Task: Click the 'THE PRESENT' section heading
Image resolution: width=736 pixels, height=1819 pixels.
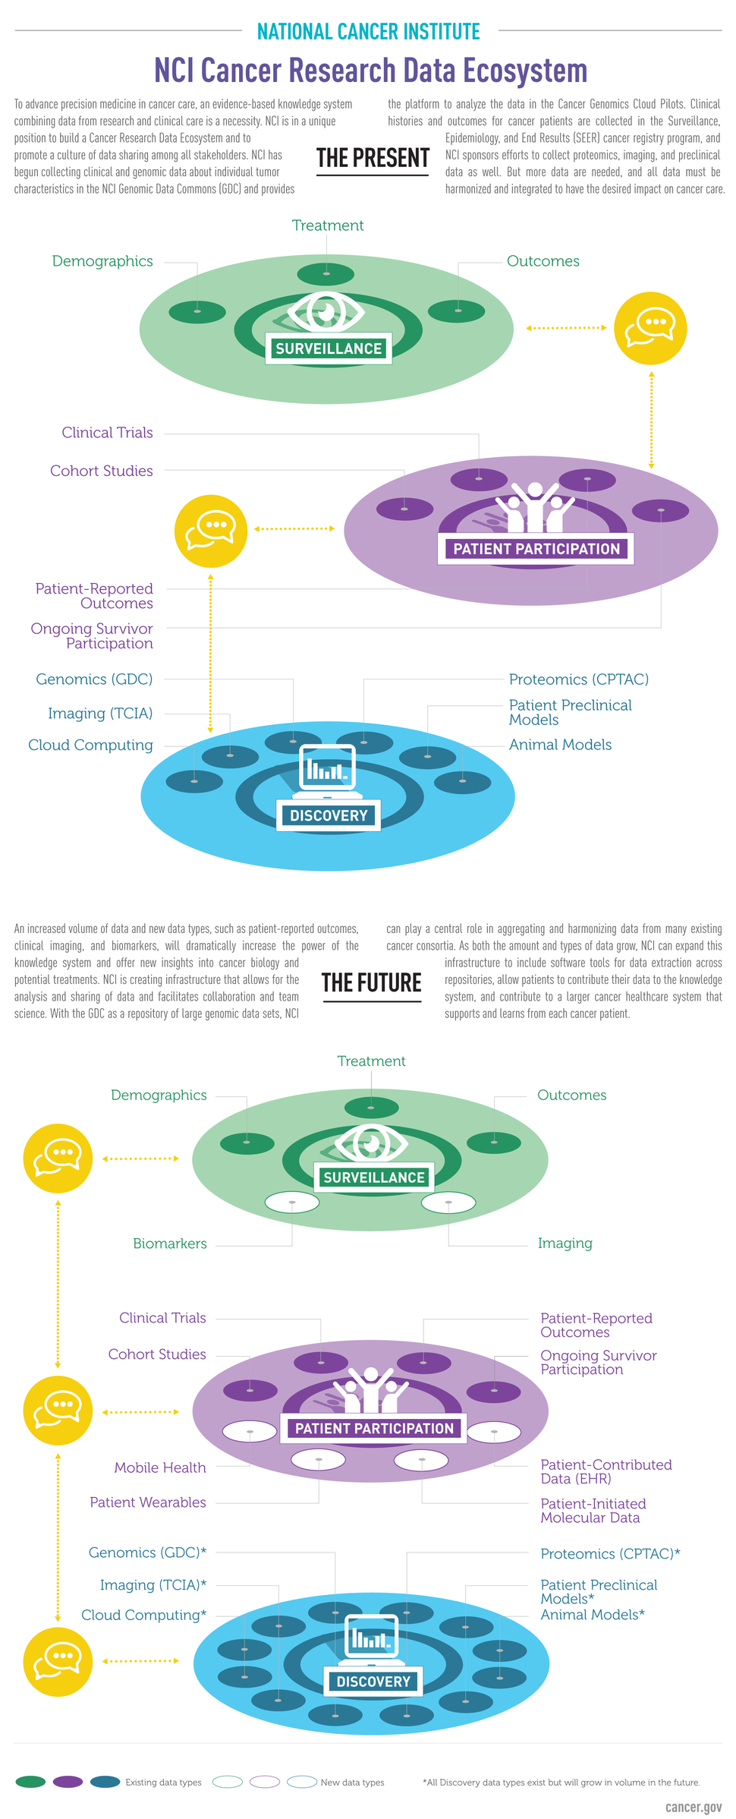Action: (x=373, y=158)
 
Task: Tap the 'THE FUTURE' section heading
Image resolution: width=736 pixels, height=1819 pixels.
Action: (x=372, y=982)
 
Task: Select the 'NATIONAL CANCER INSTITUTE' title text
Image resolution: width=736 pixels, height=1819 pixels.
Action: (x=369, y=32)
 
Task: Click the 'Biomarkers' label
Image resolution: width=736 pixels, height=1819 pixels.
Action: (x=169, y=1244)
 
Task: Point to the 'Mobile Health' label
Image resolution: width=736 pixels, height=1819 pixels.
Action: (x=160, y=1467)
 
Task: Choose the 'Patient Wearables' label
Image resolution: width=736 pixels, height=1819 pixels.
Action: (x=148, y=1502)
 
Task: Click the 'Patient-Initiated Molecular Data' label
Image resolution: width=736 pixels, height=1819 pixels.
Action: (x=593, y=1511)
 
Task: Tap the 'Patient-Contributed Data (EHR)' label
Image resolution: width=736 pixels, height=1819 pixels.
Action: (x=605, y=1471)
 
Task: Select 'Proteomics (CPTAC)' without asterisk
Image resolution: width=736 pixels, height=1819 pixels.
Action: (x=578, y=679)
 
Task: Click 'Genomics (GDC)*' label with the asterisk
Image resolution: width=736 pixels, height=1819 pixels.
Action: (x=147, y=1553)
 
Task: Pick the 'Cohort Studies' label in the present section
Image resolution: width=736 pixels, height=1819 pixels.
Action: (x=102, y=471)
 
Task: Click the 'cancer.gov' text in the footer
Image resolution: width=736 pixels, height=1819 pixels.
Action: (x=693, y=1807)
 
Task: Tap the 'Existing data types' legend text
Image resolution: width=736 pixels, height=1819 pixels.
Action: (x=163, y=1783)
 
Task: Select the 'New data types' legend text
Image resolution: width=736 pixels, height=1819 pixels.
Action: (x=352, y=1783)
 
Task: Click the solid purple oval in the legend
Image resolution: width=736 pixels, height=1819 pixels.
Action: (x=68, y=1782)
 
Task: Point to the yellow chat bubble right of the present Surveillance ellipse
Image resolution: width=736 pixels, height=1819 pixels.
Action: (x=650, y=328)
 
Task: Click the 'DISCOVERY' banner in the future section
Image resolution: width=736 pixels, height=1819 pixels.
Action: (x=373, y=1682)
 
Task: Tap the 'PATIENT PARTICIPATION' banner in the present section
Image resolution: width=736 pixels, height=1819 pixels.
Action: (x=536, y=549)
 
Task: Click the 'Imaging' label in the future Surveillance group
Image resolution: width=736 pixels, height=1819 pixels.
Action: (x=565, y=1244)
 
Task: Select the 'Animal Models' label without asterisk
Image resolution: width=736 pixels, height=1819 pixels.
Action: (x=560, y=745)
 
